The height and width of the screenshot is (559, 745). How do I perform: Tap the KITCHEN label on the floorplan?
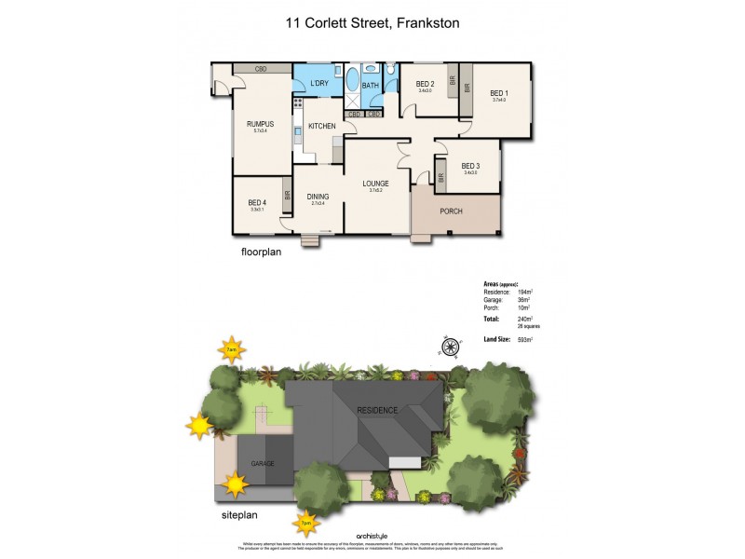pyautogui.click(x=322, y=126)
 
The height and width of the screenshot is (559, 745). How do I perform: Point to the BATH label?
pyautogui.click(x=370, y=86)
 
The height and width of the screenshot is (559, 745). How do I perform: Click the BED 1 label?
pyautogui.click(x=499, y=93)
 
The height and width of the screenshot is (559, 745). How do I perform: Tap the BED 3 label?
pyautogui.click(x=470, y=166)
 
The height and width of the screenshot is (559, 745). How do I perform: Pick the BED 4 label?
pyautogui.click(x=257, y=203)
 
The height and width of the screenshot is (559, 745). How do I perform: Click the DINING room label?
pyautogui.click(x=318, y=197)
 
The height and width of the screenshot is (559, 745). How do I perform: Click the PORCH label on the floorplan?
pyautogui.click(x=451, y=211)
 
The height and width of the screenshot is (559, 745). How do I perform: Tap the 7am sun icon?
pyautogui.click(x=232, y=351)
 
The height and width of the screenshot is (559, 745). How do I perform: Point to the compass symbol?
pyautogui.click(x=450, y=348)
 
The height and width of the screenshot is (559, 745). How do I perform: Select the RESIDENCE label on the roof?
pyautogui.click(x=377, y=410)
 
